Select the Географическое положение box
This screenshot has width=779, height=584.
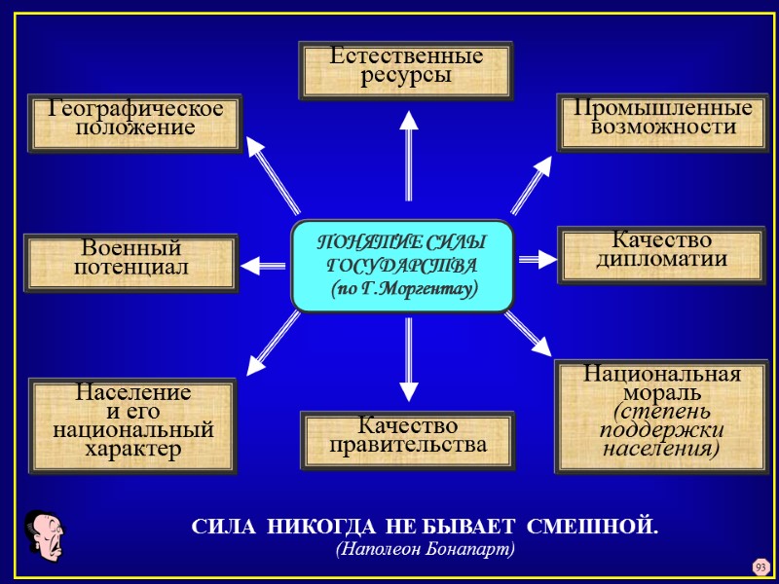pos(135,123)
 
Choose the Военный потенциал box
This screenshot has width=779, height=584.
pos(130,262)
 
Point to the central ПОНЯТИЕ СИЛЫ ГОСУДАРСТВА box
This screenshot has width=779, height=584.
pos(402,265)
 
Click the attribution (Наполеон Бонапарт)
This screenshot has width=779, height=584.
pos(425,549)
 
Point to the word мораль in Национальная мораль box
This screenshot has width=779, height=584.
pos(662,393)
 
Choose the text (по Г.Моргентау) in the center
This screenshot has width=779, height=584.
pos(402,289)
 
